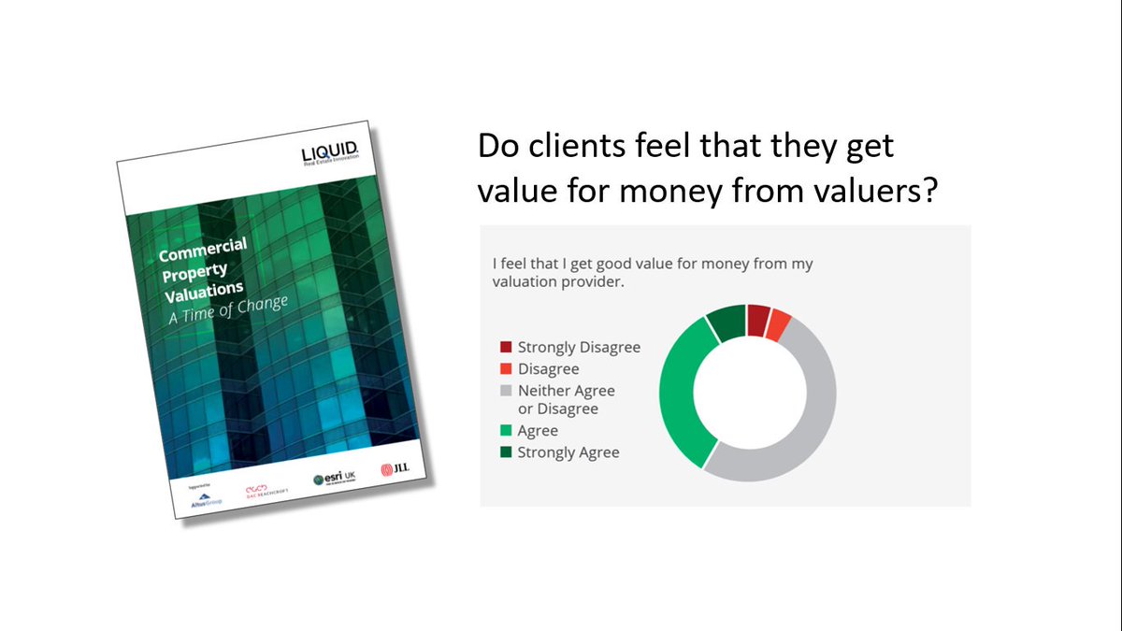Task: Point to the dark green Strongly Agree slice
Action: (x=726, y=323)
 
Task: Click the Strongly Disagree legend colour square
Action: (x=506, y=348)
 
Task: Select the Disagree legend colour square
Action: (x=506, y=369)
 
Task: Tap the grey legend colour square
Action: (x=506, y=391)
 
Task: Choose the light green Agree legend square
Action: (x=506, y=431)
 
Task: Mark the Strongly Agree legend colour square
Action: (x=506, y=452)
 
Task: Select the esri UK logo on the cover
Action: (x=335, y=479)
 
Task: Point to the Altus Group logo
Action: (x=195, y=500)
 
